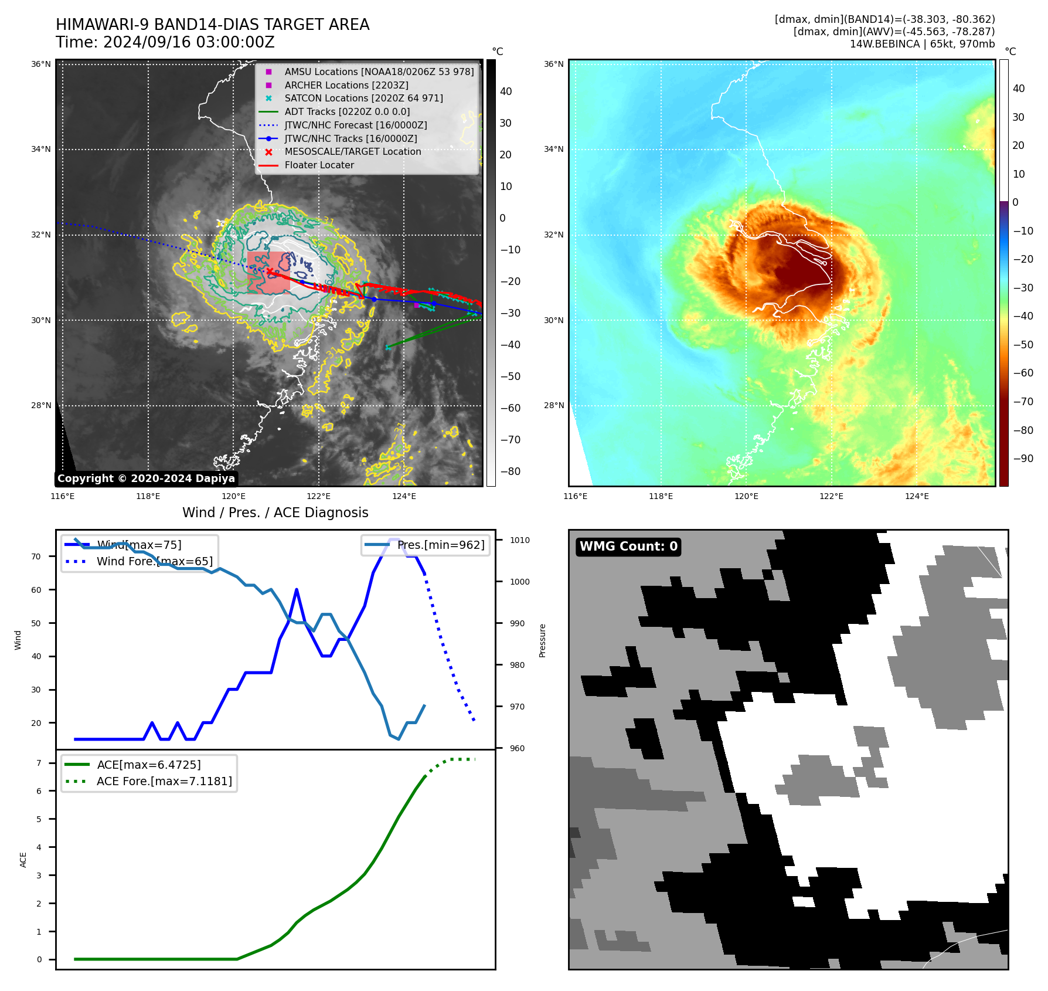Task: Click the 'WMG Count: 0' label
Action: click(628, 547)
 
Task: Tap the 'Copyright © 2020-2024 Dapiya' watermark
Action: click(146, 478)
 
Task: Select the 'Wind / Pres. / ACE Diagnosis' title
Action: click(275, 513)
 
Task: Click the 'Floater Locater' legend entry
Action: click(319, 165)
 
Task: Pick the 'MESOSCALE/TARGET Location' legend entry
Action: click(352, 152)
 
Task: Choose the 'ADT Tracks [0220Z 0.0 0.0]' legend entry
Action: click(347, 112)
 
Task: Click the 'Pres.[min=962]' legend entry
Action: click(441, 545)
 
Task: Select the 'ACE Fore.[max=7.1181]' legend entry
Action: click(164, 781)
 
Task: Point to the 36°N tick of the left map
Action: click(41, 64)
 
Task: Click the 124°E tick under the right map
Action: click(917, 496)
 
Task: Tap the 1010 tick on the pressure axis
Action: click(519, 540)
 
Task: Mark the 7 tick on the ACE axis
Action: click(39, 763)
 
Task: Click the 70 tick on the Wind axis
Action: click(36, 556)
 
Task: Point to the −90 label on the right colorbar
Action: click(1023, 459)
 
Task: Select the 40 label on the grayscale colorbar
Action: click(506, 91)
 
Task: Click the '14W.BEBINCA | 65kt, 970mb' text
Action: click(922, 44)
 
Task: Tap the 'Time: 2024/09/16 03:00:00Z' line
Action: click(165, 42)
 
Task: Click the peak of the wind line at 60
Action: click(297, 589)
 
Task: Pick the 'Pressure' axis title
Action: click(542, 640)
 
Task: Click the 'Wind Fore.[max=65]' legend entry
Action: click(155, 561)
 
